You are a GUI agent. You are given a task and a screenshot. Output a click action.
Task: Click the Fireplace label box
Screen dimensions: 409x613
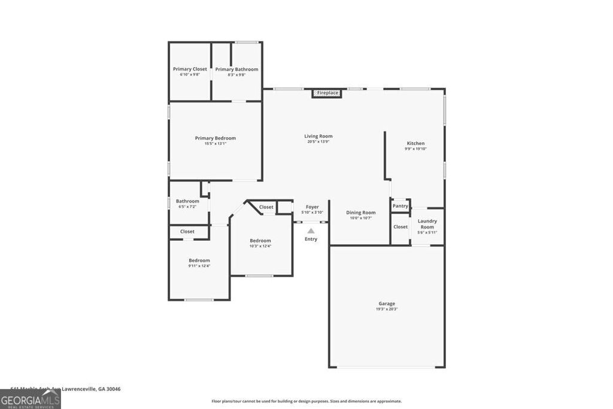(x=327, y=93)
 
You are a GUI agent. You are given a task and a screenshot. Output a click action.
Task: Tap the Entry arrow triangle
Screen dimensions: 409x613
(x=311, y=230)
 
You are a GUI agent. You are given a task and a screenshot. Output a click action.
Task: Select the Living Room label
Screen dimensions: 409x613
(x=318, y=136)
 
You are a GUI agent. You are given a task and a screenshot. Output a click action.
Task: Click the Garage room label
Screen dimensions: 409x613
(x=386, y=304)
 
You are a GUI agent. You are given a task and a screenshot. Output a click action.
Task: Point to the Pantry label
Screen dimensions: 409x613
(x=400, y=206)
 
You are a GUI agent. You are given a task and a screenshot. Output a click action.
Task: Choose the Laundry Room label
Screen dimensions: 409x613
(x=427, y=224)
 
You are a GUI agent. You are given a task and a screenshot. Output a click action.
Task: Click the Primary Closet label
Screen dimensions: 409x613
(x=190, y=69)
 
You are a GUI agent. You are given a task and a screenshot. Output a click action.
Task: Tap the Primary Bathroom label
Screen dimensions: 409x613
(x=236, y=69)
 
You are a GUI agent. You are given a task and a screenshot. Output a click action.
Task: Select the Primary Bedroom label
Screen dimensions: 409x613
(x=215, y=138)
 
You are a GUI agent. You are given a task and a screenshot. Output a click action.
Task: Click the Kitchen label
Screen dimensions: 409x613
(x=415, y=143)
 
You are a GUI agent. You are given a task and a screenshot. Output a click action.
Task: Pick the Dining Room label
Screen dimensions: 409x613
(x=360, y=213)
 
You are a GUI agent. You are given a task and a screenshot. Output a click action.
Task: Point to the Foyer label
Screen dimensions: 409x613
(x=312, y=207)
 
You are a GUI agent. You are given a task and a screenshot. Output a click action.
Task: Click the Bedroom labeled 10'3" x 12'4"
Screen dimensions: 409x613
(x=260, y=241)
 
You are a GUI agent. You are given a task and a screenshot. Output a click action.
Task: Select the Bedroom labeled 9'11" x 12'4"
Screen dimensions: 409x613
(x=199, y=260)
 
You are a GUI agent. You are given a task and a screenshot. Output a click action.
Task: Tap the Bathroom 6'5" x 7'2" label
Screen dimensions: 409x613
(x=187, y=201)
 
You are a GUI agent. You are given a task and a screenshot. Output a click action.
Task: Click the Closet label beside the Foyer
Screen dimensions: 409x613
(x=266, y=207)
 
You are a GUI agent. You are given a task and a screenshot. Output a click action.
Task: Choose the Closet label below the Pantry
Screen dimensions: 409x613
(x=400, y=226)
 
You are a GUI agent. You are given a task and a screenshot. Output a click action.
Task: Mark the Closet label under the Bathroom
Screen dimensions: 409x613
(x=187, y=231)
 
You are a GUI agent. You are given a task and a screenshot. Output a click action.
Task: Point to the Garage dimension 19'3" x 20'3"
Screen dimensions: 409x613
(x=386, y=309)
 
